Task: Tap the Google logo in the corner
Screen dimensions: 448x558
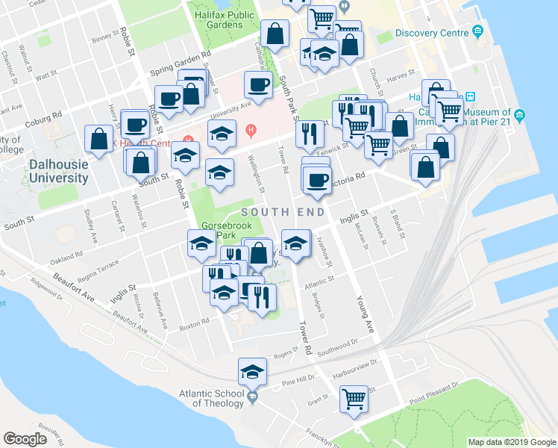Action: click(x=25, y=439)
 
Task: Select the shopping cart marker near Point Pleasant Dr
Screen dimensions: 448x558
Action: click(x=354, y=397)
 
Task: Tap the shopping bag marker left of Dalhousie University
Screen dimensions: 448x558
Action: click(x=99, y=138)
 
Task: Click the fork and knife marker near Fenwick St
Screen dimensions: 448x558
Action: click(x=310, y=134)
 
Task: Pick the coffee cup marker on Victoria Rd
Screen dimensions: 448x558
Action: click(x=317, y=179)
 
